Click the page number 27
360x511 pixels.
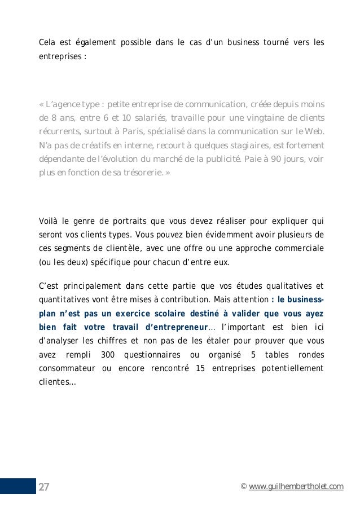click(43, 487)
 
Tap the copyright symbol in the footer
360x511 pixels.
click(243, 487)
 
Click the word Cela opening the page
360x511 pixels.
click(47, 42)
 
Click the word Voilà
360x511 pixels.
click(48, 221)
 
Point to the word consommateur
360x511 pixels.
click(64, 369)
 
